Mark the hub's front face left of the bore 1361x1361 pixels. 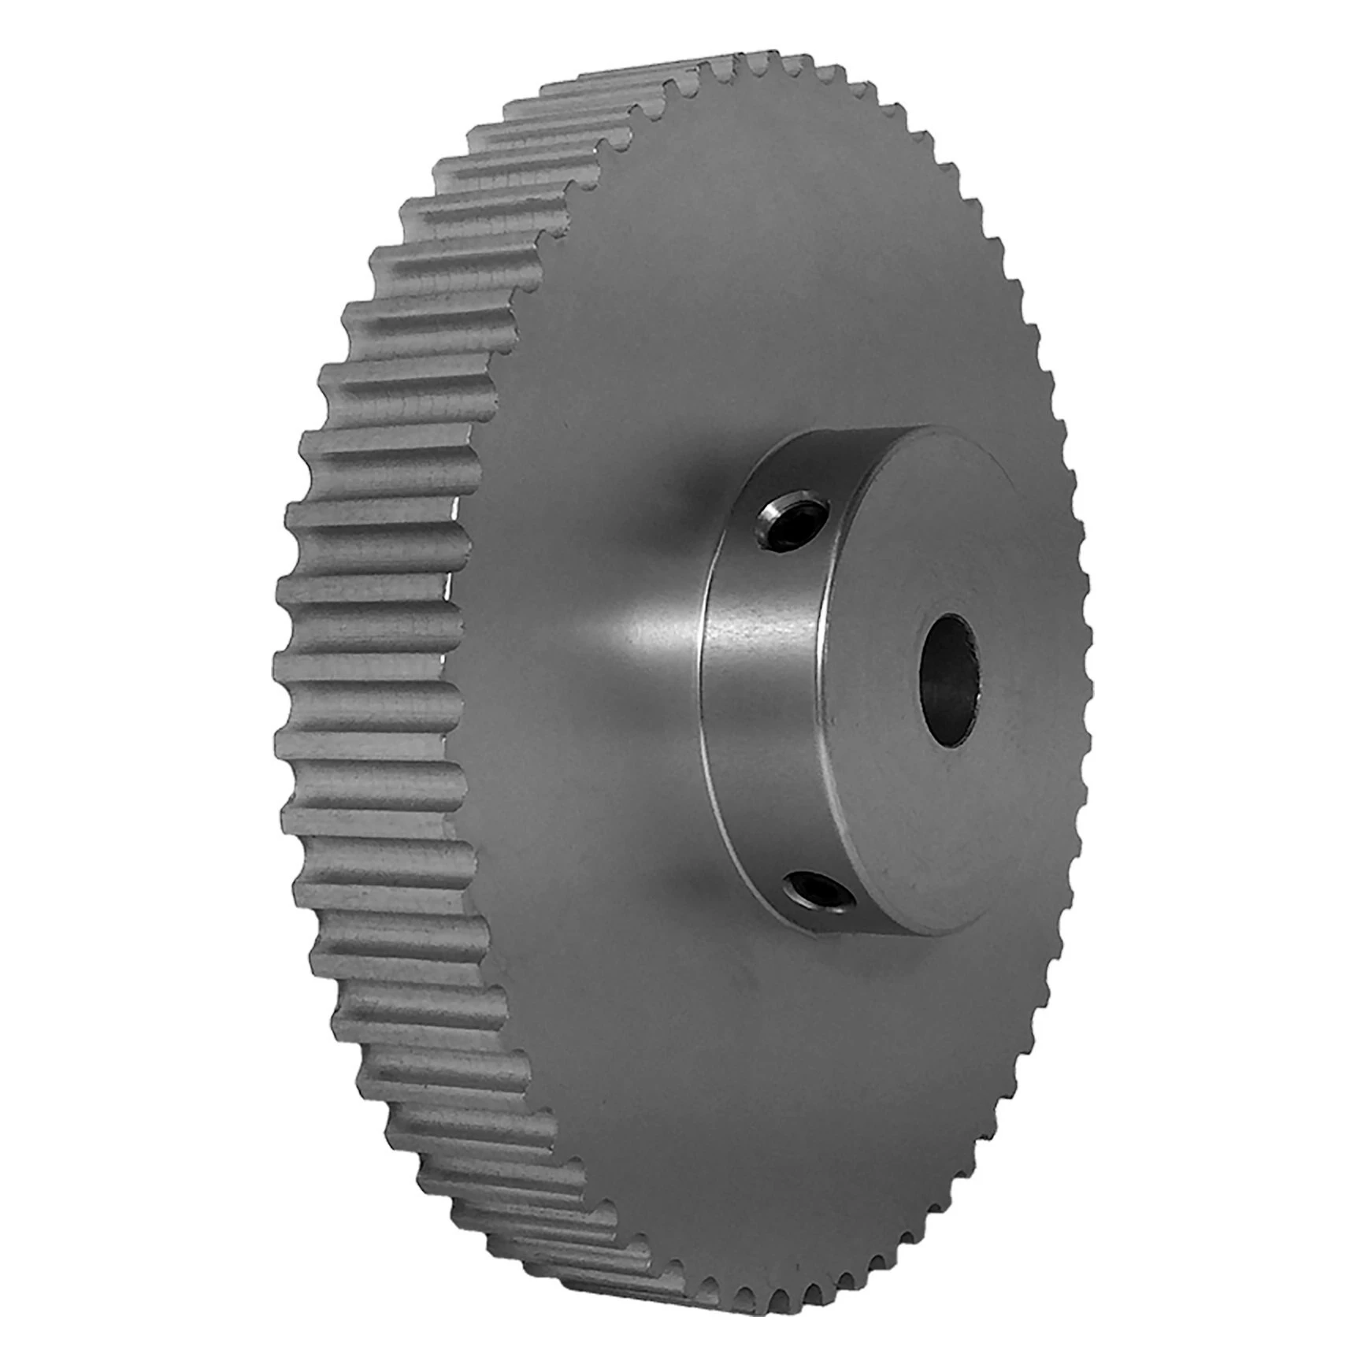866,685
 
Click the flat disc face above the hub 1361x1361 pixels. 788,276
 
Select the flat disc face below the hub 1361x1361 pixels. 788,1103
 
